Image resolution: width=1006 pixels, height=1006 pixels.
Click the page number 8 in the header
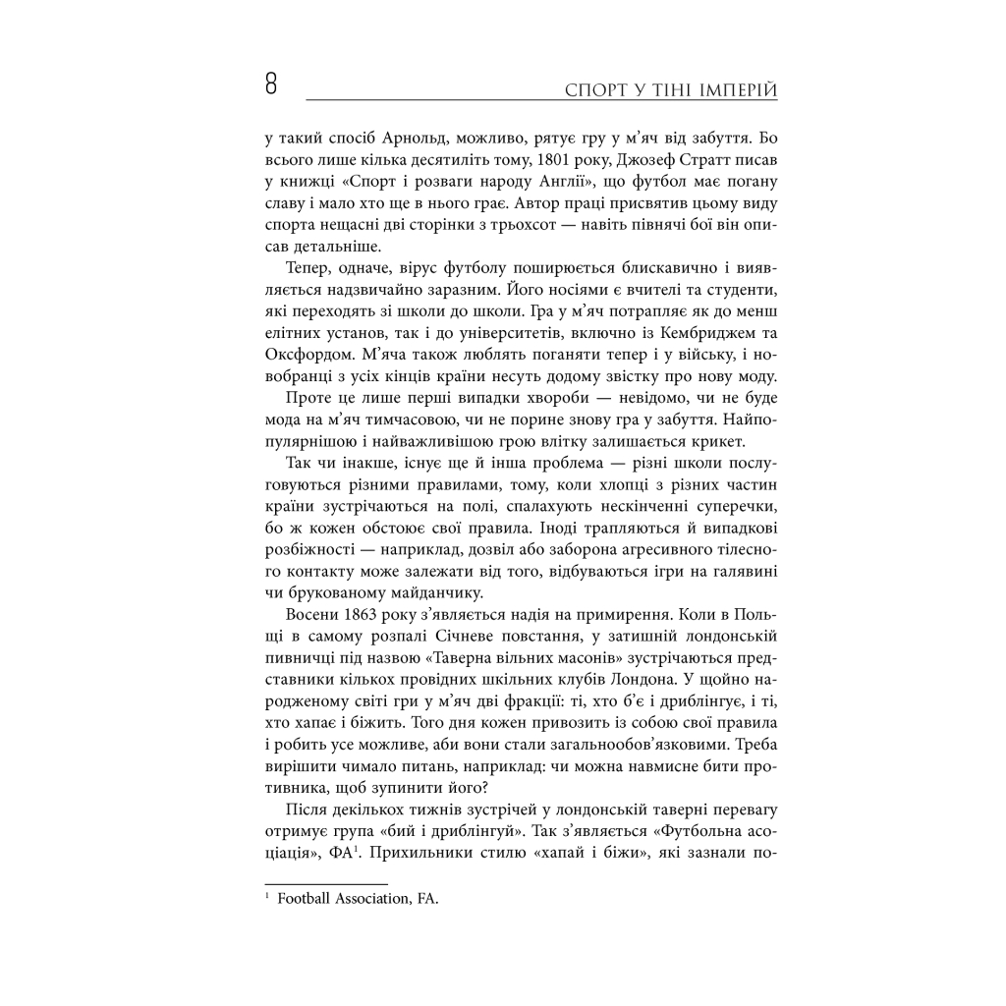[x=270, y=84]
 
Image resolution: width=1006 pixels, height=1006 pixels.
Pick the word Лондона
[x=619, y=684]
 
